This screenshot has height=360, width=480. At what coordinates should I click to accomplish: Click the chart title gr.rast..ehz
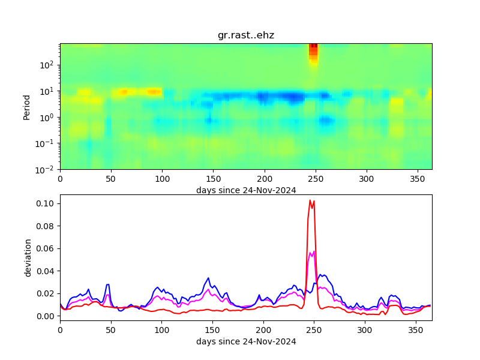(246, 35)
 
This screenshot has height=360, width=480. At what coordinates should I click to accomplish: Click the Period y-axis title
(26, 106)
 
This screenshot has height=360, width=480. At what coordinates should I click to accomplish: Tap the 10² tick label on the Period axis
(49, 65)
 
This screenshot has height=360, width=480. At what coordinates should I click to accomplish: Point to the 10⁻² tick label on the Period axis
(47, 170)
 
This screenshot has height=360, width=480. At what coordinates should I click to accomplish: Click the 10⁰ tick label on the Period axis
(49, 117)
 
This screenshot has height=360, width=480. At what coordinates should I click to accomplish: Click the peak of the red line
(310, 200)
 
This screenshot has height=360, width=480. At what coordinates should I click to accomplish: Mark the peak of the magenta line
(314, 251)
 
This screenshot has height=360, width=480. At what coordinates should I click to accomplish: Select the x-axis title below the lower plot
(246, 341)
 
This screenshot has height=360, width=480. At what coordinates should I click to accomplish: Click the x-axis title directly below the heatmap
(246, 190)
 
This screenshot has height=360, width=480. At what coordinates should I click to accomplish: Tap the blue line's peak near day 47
(108, 284)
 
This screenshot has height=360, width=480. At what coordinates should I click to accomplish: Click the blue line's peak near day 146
(208, 278)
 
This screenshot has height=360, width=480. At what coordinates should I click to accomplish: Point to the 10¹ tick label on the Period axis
(49, 91)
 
